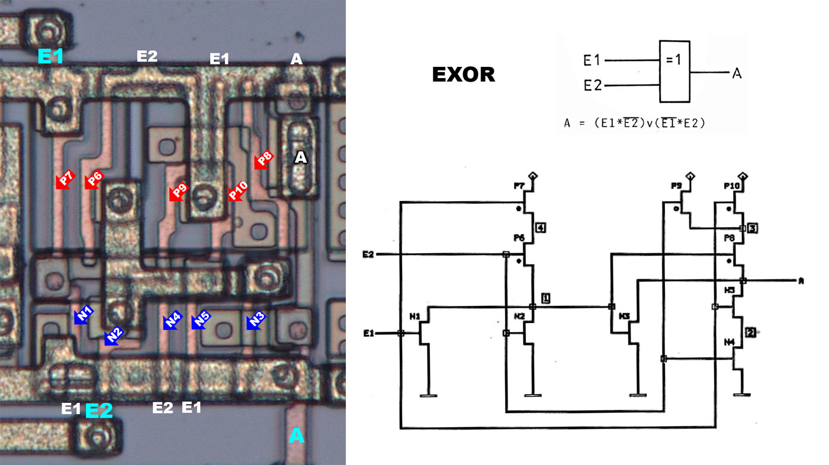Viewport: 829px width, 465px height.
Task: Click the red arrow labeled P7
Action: [x=65, y=180]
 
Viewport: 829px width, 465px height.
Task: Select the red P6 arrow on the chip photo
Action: [x=94, y=180]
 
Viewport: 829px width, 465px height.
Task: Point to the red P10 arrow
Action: [x=237, y=191]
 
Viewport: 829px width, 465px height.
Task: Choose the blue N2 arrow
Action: [x=113, y=335]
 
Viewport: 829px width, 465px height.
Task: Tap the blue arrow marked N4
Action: [x=172, y=321]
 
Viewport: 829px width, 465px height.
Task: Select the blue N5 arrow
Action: [x=201, y=320]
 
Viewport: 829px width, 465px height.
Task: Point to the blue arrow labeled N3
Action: [x=256, y=320]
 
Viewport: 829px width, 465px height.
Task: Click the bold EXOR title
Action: [x=463, y=75]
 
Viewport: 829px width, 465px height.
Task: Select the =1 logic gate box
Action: [x=674, y=71]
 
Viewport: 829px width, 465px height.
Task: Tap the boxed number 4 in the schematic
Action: [x=539, y=227]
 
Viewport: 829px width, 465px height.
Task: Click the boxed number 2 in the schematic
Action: [x=750, y=332]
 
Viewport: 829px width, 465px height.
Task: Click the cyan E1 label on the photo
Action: [x=51, y=57]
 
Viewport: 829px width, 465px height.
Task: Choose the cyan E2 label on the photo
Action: [x=99, y=411]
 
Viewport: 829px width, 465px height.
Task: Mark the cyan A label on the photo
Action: [x=296, y=436]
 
